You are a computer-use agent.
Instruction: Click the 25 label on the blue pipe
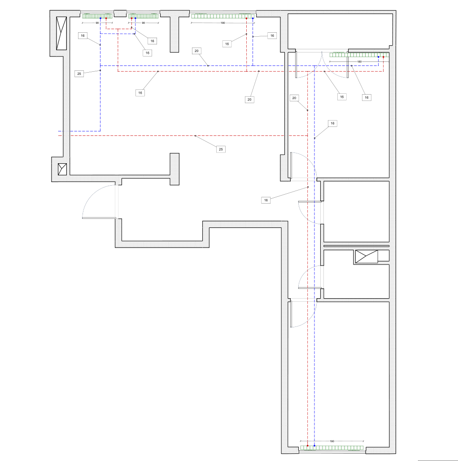pyautogui.click(x=79, y=74)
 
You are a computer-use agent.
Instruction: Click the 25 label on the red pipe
pyautogui.click(x=221, y=149)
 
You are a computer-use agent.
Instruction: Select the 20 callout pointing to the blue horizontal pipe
pyautogui.click(x=196, y=51)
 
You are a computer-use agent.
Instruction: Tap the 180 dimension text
pyautogui.click(x=359, y=62)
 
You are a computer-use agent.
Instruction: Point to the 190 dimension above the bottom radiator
pyautogui.click(x=332, y=441)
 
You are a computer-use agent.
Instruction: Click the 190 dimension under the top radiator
pyautogui.click(x=222, y=23)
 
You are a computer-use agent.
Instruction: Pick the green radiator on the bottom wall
pyautogui.click(x=332, y=448)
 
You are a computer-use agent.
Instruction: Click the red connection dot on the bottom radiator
pyautogui.click(x=308, y=446)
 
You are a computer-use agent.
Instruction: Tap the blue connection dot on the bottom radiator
pyautogui.click(x=314, y=446)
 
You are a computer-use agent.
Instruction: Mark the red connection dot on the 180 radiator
pyautogui.click(x=383, y=57)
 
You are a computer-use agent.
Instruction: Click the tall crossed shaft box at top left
pyautogui.click(x=61, y=33)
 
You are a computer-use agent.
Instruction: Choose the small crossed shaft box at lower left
pyautogui.click(x=62, y=169)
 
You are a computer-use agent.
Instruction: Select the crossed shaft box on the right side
pyautogui.click(x=366, y=257)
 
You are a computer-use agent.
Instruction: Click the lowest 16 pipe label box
pyautogui.click(x=266, y=200)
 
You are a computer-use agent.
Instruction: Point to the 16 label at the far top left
pyautogui.click(x=83, y=35)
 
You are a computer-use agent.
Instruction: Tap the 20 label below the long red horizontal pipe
pyautogui.click(x=249, y=100)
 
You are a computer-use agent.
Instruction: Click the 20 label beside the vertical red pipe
pyautogui.click(x=294, y=98)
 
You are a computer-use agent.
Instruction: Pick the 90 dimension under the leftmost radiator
pyautogui.click(x=97, y=23)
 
